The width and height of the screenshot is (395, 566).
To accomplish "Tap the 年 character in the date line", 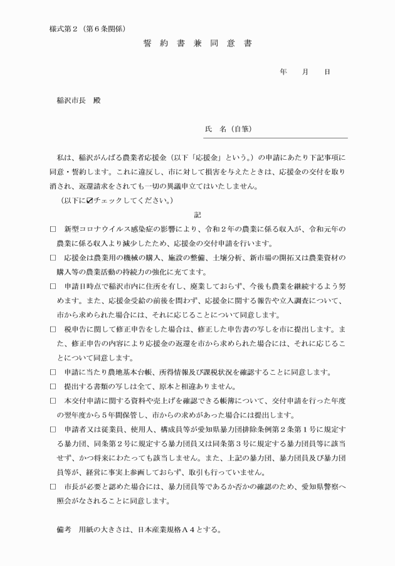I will click(x=283, y=72).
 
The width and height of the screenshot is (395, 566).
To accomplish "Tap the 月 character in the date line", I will click(x=305, y=72).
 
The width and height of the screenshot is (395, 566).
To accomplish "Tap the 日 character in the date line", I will click(x=327, y=72).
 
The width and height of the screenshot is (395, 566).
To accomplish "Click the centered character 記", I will click(x=197, y=215).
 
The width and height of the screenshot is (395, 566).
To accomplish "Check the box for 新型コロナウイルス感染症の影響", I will click(x=53, y=229).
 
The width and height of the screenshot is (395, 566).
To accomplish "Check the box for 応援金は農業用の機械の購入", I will click(x=53, y=258).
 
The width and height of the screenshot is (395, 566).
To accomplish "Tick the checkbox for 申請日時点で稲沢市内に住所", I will click(x=53, y=286).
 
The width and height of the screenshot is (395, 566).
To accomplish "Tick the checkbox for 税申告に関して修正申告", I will click(x=53, y=328).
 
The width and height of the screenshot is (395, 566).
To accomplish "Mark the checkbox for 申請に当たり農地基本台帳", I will click(x=53, y=372).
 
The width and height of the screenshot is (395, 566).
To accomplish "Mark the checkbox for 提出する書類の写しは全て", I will click(x=53, y=385).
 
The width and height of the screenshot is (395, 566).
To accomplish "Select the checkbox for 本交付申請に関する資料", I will click(x=53, y=400).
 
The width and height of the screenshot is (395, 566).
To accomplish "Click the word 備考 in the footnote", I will click(x=64, y=529).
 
